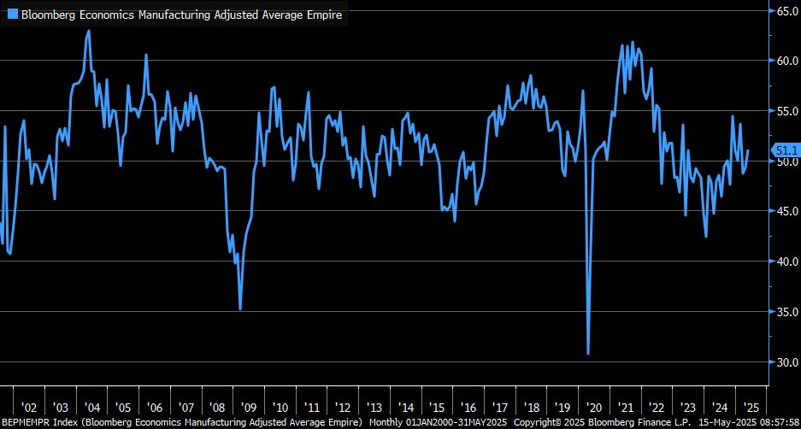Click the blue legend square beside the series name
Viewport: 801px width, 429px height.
(12, 15)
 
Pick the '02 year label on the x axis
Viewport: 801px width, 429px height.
(29, 408)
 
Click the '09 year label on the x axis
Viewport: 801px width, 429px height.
(248, 408)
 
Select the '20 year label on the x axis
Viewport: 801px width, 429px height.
(590, 408)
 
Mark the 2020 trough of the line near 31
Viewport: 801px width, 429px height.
(588, 353)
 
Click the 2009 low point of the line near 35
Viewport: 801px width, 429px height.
(240, 309)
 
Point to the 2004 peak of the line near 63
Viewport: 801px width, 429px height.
(89, 31)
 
